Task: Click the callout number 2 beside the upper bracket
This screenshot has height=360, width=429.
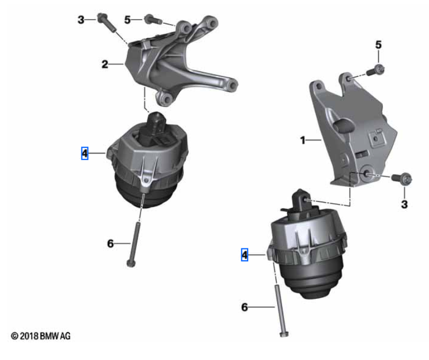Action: pyautogui.click(x=105, y=64)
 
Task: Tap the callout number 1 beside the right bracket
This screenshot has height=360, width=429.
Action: pyautogui.click(x=302, y=140)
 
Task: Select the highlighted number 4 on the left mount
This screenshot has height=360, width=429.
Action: pyautogui.click(x=85, y=153)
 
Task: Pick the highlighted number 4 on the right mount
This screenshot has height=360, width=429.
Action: pyautogui.click(x=245, y=255)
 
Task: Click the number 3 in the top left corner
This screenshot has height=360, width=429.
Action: pyautogui.click(x=81, y=20)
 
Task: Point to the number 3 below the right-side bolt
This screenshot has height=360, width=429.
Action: pyautogui.click(x=404, y=204)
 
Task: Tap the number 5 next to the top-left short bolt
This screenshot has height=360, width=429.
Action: pyautogui.click(x=128, y=20)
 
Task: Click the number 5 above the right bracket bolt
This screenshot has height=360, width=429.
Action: pyautogui.click(x=379, y=45)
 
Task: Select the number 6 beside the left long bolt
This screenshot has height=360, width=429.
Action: pyautogui.click(x=110, y=244)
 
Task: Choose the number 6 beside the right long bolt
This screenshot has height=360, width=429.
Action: pyautogui.click(x=245, y=307)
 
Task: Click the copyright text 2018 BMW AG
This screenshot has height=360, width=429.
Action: pyautogui.click(x=41, y=336)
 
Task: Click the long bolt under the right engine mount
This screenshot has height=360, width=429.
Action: pyautogui.click(x=280, y=311)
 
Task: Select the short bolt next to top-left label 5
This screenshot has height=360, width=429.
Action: pyautogui.click(x=153, y=19)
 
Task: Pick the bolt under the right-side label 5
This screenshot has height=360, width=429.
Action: pyautogui.click(x=375, y=70)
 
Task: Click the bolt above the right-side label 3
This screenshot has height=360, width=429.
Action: pyautogui.click(x=402, y=178)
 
